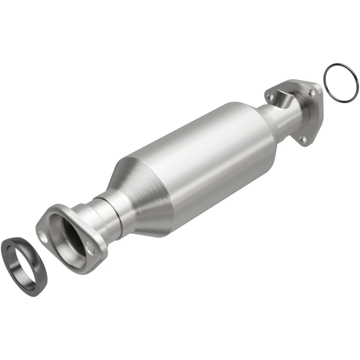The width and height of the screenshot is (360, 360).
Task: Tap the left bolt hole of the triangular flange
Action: click(270, 96)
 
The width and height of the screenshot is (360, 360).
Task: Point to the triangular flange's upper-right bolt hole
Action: click(311, 92)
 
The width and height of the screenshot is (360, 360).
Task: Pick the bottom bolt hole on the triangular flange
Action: click(303, 139)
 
